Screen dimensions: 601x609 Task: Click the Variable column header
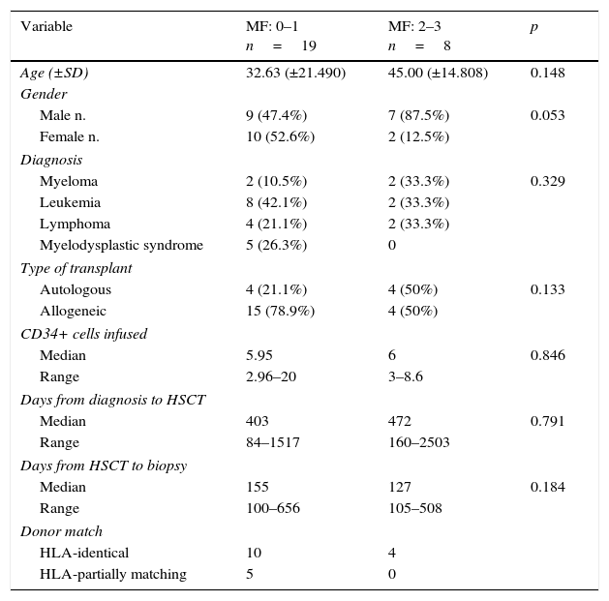click(46, 27)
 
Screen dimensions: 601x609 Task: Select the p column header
click(533, 27)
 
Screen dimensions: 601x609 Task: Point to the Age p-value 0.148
click(547, 74)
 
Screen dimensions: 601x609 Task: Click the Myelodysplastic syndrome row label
click(121, 246)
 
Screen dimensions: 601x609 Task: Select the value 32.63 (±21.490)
click(295, 74)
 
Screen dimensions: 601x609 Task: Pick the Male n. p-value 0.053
click(547, 116)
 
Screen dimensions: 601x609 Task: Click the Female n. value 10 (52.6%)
click(280, 137)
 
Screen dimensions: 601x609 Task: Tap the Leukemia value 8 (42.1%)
click(276, 203)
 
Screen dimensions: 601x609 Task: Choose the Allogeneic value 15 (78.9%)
click(280, 312)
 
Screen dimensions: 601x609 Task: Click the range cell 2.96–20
click(271, 377)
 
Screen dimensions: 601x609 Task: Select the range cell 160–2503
click(418, 443)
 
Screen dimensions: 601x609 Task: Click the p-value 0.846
click(547, 356)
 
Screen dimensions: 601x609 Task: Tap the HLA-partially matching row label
click(112, 575)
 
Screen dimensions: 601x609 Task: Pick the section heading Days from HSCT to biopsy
click(104, 466)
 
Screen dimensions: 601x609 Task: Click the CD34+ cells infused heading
click(84, 335)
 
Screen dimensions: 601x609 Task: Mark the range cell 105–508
click(414, 509)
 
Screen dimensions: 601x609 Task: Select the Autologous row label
click(76, 290)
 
